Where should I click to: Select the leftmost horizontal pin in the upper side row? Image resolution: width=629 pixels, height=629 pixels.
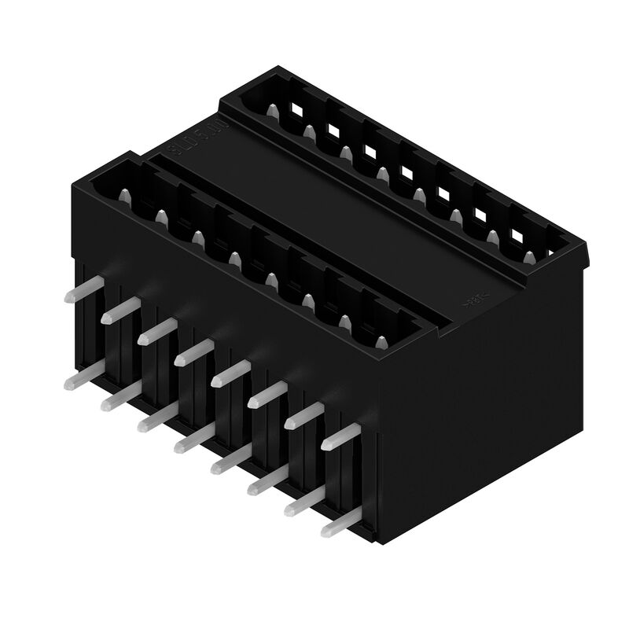pos(81,290)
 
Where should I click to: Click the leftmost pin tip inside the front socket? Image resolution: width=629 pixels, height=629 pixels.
pos(123,195)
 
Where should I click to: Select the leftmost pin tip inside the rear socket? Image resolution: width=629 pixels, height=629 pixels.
pos(271,112)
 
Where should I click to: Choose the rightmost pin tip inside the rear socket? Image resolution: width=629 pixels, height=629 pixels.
pos(529,257)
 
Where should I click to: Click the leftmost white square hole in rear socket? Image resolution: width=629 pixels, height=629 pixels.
pos(297,110)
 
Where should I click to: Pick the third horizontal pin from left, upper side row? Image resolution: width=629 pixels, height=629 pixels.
pos(155,330)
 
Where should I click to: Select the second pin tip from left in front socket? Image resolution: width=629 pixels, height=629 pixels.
pos(160,216)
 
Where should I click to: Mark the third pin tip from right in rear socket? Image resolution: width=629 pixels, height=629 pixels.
pos(455,215)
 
